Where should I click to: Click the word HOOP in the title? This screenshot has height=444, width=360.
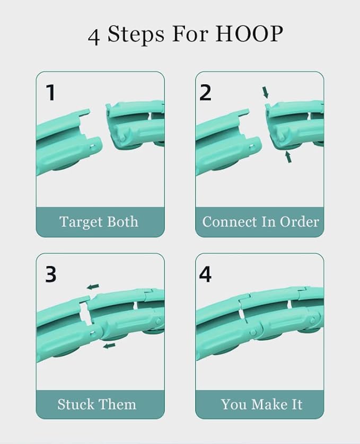click(249, 34)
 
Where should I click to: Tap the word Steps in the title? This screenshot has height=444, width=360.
click(136, 34)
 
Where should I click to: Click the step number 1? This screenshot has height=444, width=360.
click(51, 93)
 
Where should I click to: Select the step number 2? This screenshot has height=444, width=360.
click(205, 93)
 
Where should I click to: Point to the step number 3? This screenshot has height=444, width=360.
click(51, 274)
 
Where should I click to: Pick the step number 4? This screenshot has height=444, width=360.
click(205, 274)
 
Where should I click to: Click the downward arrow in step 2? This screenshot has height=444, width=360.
click(265, 93)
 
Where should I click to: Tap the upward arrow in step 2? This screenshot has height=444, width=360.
click(288, 157)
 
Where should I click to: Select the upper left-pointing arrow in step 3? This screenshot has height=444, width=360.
click(93, 287)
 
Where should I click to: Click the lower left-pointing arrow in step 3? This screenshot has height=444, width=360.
click(109, 346)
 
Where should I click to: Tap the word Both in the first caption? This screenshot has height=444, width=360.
click(123, 221)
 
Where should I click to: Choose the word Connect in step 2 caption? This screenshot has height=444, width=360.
click(230, 221)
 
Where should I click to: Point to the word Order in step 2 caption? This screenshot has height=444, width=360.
click(300, 221)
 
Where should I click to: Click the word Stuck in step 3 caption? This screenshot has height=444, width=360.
click(76, 404)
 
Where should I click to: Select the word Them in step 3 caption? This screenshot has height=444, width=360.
click(117, 404)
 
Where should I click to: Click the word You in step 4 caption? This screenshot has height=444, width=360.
click(234, 404)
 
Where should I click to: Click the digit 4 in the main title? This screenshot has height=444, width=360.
click(93, 37)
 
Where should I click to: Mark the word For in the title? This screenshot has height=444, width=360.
click(190, 34)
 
